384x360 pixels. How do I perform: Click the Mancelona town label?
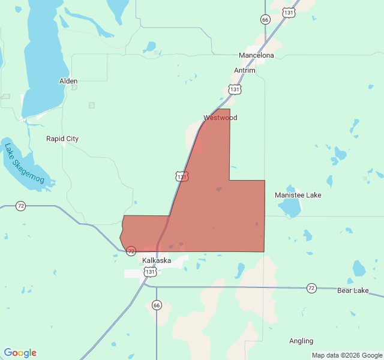256,55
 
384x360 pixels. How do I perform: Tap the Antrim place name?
244,70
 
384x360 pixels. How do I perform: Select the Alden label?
68,80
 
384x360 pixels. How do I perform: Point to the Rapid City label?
62,139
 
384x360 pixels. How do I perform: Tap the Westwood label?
220,118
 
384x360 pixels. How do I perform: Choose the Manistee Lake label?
298,195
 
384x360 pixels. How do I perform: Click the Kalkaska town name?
157,260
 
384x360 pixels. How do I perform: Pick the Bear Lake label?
353,290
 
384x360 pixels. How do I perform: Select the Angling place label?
301,341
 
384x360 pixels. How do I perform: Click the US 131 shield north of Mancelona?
289,12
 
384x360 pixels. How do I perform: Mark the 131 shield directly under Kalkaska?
150,272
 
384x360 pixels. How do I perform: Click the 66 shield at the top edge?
265,20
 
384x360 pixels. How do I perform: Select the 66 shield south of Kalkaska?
156,305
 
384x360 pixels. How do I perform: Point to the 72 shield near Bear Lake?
311,288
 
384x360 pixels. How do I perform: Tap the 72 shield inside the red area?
131,250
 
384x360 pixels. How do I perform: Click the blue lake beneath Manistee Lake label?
290,208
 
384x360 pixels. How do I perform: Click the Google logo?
20,353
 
